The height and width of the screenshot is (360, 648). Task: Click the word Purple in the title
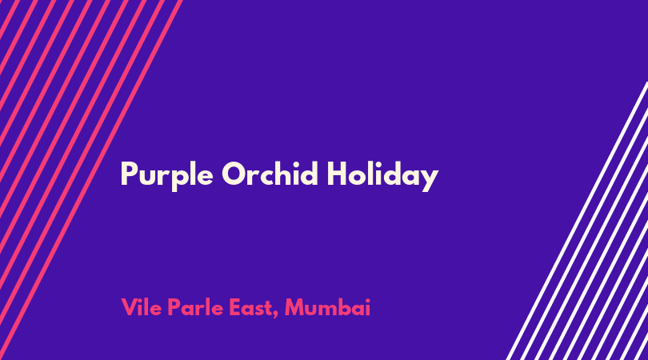[x=167, y=176]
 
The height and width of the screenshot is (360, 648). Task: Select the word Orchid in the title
[x=270, y=173]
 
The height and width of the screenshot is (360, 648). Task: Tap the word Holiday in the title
[x=382, y=176]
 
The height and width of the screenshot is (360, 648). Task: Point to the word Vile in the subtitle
[x=142, y=307]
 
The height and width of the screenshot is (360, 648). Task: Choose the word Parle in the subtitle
[x=195, y=307]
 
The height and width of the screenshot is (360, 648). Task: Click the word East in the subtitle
[x=252, y=307]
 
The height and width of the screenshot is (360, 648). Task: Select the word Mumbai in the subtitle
[x=327, y=307]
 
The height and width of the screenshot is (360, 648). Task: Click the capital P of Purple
[x=130, y=174]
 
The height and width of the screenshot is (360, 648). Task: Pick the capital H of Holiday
[x=337, y=174]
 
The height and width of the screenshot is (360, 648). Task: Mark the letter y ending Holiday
[x=430, y=181]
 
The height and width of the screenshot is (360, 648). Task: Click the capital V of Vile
[x=130, y=307]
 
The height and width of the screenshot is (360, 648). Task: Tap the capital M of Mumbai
[x=295, y=307]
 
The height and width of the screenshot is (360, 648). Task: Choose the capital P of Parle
[x=174, y=307]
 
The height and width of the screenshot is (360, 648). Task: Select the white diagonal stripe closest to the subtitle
[x=577, y=221]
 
